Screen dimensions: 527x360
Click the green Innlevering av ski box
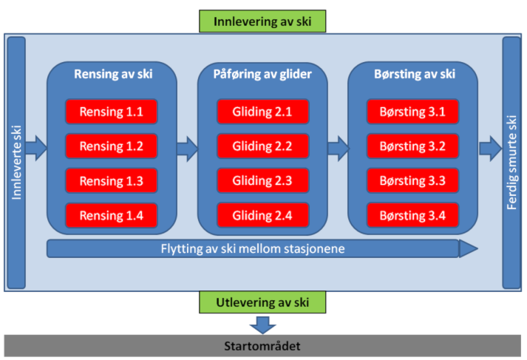point(262,21)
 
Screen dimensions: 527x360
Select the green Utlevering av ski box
point(262,302)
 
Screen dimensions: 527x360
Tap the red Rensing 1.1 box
point(112,112)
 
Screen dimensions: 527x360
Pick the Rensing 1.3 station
point(112,181)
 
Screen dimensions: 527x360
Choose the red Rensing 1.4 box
point(112,215)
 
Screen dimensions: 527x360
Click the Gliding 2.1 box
point(262,112)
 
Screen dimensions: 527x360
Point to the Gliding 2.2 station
point(262,146)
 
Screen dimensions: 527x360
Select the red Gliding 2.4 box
point(262,215)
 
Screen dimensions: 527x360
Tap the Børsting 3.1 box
point(412,112)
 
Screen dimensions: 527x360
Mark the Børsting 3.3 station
point(412,181)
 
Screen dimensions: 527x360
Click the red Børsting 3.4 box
point(412,215)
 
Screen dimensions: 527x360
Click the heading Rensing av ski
point(113,74)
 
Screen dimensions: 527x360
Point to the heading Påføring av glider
point(262,74)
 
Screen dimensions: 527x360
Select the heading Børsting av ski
point(415,74)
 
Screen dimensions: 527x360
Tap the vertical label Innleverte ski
point(16,163)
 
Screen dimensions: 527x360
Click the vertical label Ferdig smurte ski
point(511,163)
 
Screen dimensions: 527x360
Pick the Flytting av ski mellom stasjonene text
point(253,248)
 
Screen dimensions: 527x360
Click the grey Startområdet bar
point(262,346)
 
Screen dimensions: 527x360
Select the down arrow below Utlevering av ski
point(263,325)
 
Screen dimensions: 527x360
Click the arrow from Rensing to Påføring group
point(188,149)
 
